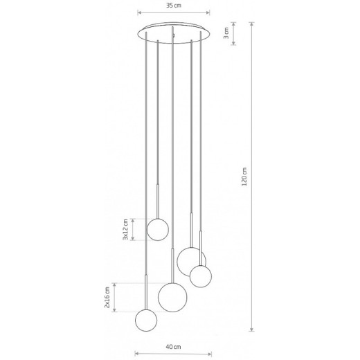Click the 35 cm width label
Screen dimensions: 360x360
click(174, 6)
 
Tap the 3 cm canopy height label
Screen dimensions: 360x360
click(226, 33)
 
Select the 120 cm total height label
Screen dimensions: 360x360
click(244, 177)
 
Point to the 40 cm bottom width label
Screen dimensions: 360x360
click(173, 347)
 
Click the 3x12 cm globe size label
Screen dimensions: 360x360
click(125, 229)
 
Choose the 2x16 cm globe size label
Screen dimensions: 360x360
click(107, 297)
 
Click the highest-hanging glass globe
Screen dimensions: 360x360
click(158, 229)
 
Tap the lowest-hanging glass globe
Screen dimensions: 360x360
click(146, 321)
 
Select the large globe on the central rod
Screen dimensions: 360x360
click(172, 297)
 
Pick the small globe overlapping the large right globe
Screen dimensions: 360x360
click(201, 276)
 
